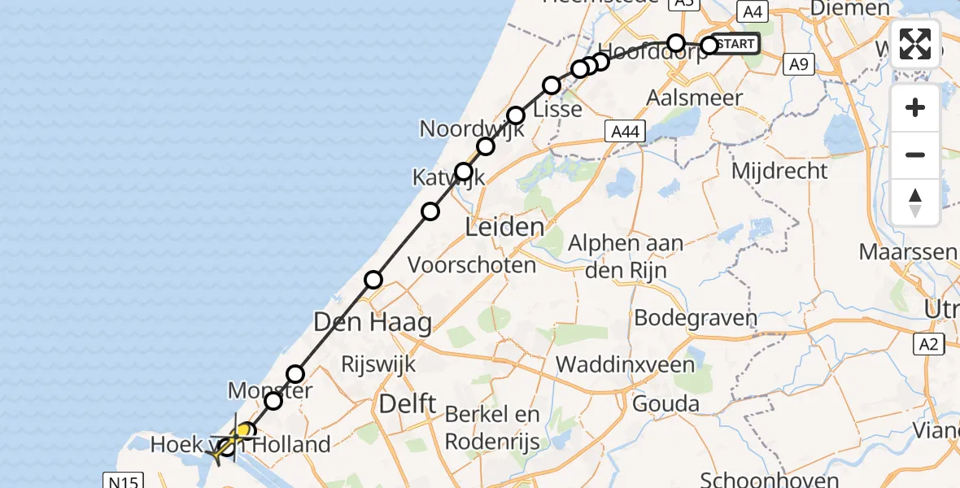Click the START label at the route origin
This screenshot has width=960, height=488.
click(737, 44)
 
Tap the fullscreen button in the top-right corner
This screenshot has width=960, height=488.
click(915, 44)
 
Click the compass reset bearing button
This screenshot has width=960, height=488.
click(915, 203)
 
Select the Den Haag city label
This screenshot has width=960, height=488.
click(373, 323)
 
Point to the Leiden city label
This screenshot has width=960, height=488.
click(504, 227)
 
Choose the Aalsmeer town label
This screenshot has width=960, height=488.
click(694, 98)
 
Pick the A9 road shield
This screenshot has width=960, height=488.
click(796, 65)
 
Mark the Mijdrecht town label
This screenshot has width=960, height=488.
click(779, 171)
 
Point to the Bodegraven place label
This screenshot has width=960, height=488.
click(696, 317)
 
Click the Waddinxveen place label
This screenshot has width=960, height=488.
click(626, 363)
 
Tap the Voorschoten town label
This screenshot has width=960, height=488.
click(472, 264)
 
